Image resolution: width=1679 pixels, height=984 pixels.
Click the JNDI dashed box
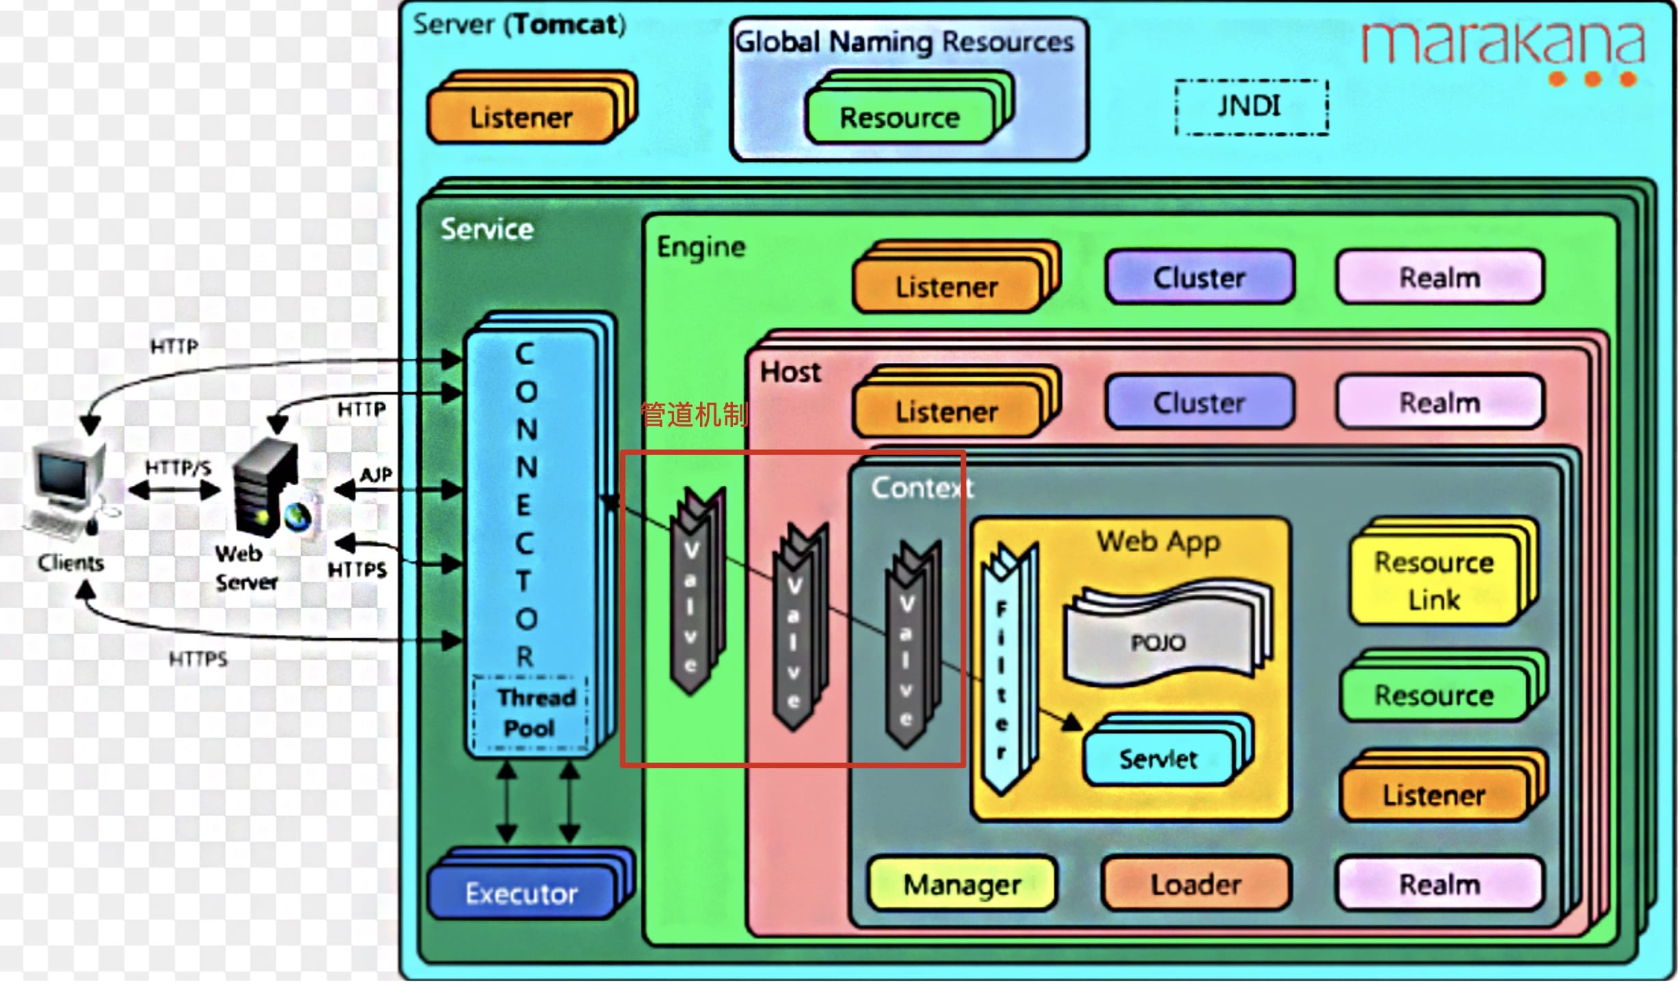(1251, 107)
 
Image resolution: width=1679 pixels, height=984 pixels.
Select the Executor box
(522, 892)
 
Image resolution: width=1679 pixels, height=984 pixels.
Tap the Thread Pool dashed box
(530, 713)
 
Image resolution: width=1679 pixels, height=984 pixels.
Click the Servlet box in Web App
(1159, 758)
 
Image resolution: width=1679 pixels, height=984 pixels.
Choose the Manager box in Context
(963, 884)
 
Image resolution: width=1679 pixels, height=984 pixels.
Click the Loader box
(1196, 884)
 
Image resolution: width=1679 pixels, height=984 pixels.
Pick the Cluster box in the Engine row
(1200, 277)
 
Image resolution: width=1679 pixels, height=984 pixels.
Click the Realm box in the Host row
(1440, 402)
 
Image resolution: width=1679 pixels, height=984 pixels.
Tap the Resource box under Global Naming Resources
(900, 118)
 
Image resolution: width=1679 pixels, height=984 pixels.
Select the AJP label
(376, 474)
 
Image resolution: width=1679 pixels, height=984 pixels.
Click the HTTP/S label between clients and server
(178, 467)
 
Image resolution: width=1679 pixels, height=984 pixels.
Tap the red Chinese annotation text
(695, 414)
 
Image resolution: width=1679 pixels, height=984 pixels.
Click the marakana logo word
(1503, 42)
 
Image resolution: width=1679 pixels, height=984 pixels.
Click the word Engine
(701, 247)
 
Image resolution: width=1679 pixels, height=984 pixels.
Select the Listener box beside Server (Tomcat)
(521, 118)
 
